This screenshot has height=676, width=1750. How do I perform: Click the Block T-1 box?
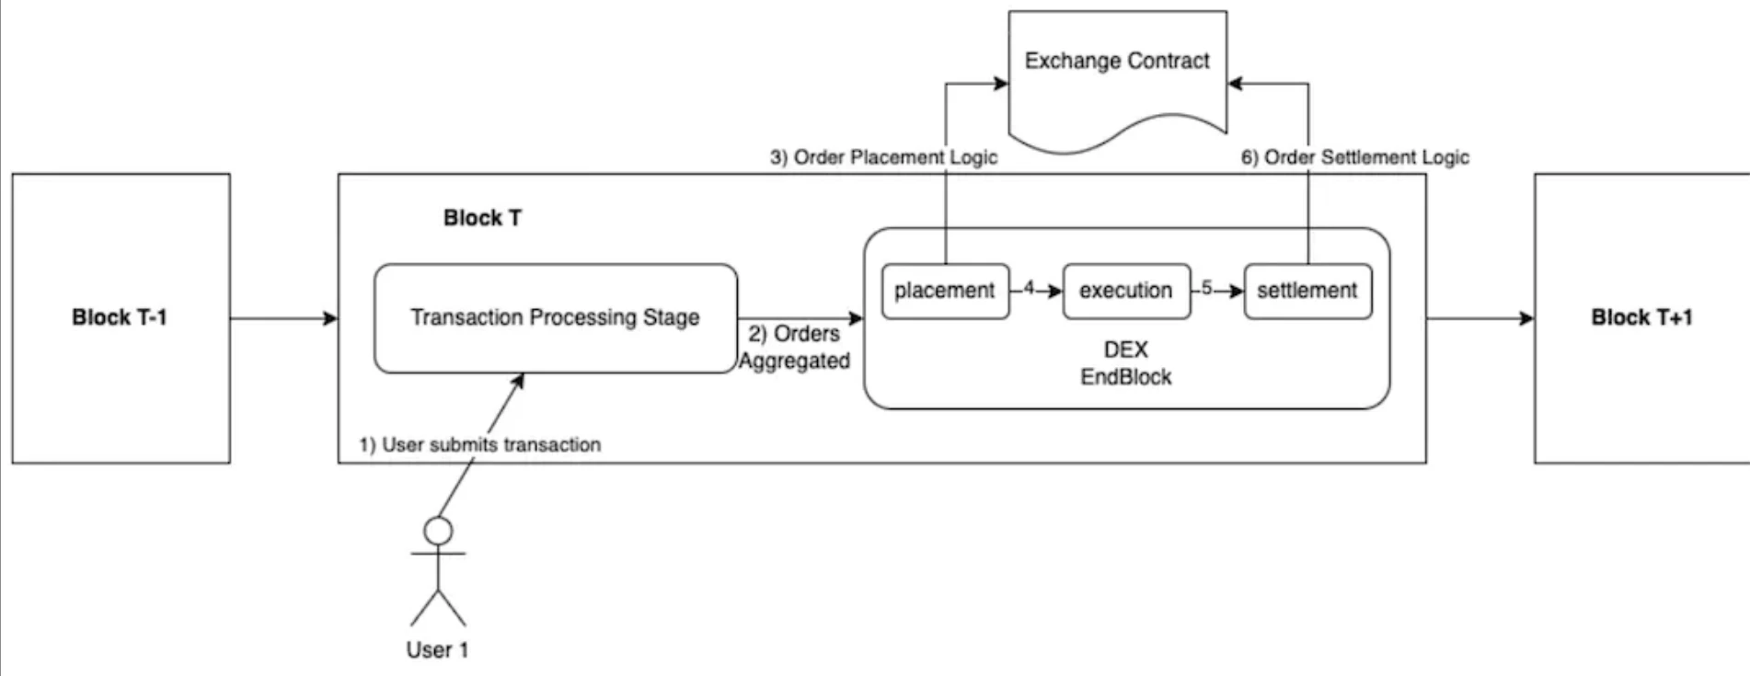121,317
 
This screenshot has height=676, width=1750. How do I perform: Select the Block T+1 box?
1641,317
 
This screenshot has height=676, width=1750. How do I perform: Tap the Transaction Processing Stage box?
555,317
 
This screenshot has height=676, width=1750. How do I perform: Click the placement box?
945,291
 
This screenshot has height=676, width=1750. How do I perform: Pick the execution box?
1126,291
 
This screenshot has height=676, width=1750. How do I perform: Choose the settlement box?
1307,291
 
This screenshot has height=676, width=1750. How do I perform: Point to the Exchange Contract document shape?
1118,74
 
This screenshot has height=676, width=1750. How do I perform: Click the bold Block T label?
482,218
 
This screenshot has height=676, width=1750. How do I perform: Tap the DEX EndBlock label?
1126,363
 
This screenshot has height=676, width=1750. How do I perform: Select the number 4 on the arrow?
1029,289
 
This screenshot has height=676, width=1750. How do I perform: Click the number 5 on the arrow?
1206,289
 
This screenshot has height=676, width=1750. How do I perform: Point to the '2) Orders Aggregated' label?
795,348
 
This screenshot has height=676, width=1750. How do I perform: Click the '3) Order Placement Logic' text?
883,157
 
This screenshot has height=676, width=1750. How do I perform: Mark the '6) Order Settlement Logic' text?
1354,157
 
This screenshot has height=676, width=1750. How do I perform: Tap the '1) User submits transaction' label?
479,445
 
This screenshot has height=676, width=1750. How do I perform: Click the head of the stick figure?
438,531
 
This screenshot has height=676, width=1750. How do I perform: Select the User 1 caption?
437,650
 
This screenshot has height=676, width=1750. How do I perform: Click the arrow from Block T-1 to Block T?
284,318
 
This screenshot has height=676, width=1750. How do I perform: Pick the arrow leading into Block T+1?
1480,318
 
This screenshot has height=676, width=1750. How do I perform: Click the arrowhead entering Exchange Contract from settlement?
1236,84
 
